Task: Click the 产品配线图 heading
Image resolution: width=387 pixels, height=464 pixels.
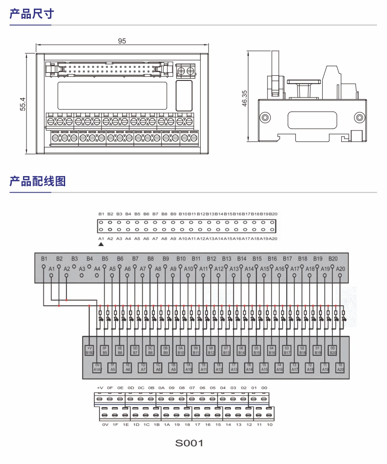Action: [37, 181]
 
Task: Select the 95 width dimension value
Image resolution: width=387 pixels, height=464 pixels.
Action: [122, 41]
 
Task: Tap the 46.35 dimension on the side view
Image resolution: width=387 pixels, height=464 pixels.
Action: [244, 98]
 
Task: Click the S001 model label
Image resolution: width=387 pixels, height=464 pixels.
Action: [189, 443]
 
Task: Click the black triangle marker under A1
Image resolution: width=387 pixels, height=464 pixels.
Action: [101, 245]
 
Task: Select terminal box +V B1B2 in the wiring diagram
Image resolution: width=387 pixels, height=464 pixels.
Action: [89, 351]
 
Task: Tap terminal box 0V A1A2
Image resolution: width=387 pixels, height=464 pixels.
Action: [97, 367]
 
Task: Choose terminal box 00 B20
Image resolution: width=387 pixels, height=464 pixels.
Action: [333, 351]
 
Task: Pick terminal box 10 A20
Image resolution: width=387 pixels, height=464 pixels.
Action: [341, 367]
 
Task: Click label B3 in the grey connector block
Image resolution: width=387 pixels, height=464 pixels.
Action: [74, 258]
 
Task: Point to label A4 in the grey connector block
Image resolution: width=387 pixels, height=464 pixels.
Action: [97, 269]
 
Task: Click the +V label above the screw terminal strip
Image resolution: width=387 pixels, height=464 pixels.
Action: [100, 387]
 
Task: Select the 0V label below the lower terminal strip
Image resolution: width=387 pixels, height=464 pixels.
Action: [105, 424]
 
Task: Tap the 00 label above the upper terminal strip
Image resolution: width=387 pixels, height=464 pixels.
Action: [264, 387]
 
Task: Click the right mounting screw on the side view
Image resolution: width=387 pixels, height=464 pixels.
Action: [359, 117]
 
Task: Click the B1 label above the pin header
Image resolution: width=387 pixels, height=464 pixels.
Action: [101, 214]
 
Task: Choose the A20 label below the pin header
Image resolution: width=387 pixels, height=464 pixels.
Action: [273, 239]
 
